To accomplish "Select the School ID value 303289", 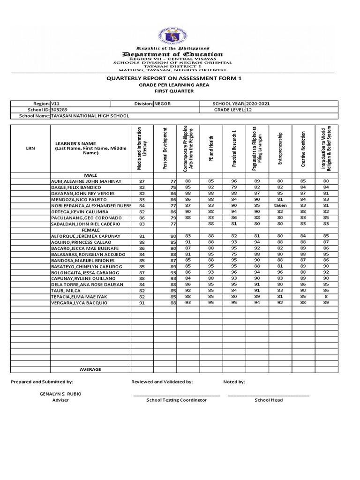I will (x=60, y=110).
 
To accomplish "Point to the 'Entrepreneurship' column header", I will (x=280, y=149).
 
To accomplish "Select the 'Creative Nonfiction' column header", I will (x=303, y=149).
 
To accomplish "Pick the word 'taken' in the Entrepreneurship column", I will (x=280, y=205).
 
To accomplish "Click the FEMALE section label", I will (x=90, y=230).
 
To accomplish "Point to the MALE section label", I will (x=90, y=175).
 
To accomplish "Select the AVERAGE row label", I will (x=90, y=369).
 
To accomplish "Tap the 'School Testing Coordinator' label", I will (x=176, y=400).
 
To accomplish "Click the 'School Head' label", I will (x=269, y=400).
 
